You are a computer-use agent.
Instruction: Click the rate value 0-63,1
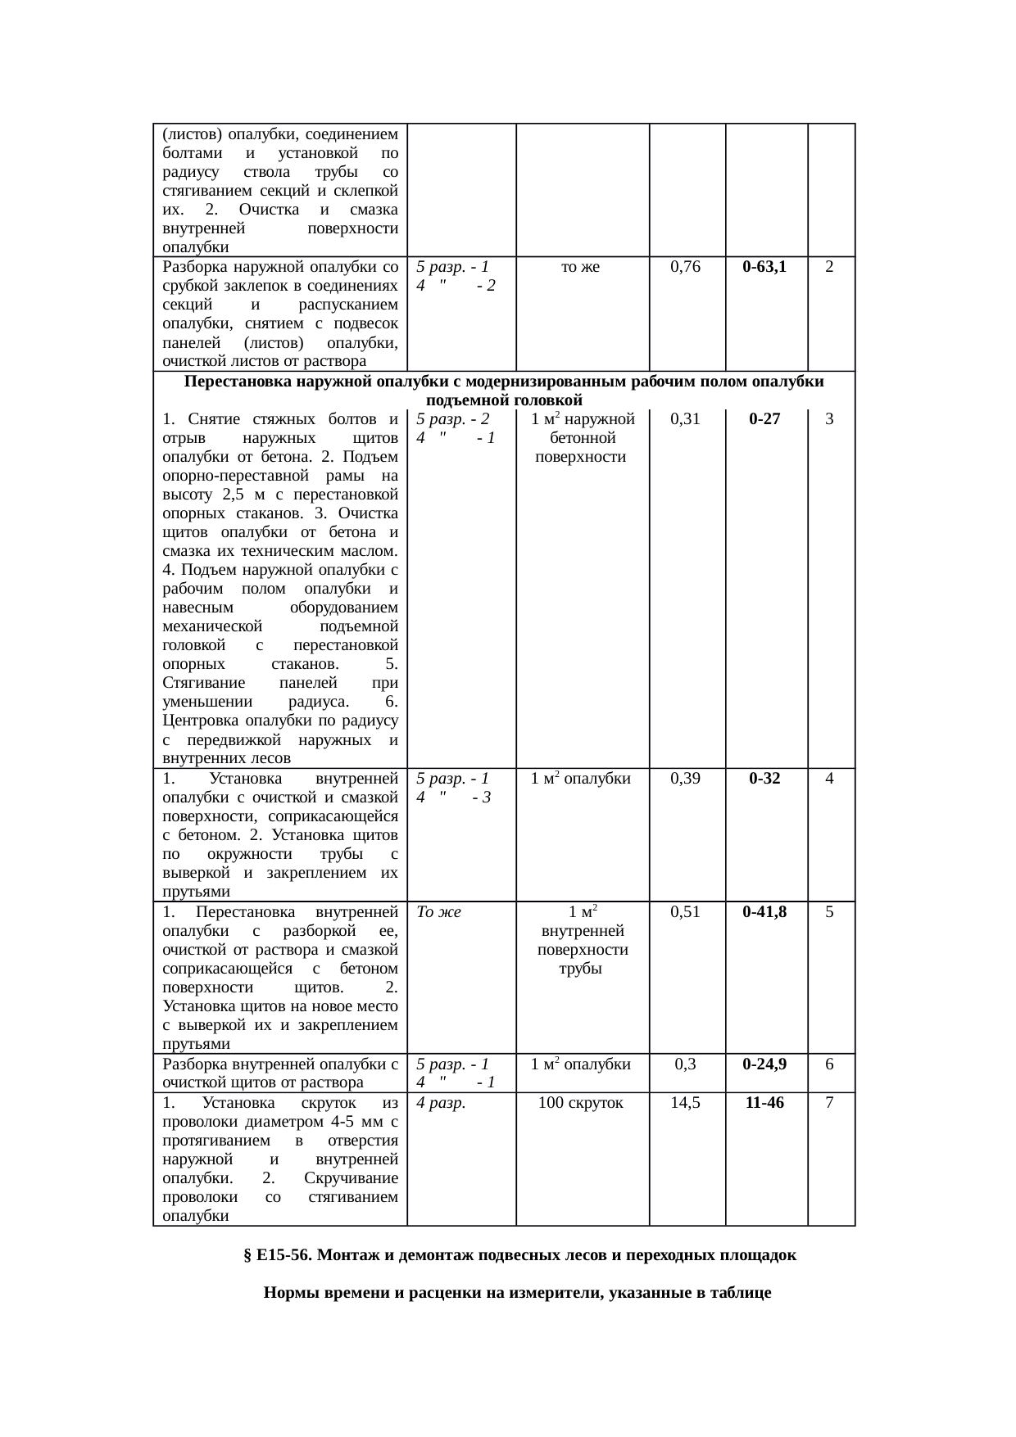point(764,267)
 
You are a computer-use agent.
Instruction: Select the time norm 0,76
point(685,267)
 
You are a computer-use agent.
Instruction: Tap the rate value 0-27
point(764,419)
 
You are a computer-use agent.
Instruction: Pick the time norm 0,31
point(685,419)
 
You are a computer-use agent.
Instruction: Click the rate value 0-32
point(764,779)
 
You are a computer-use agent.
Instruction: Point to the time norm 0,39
point(685,779)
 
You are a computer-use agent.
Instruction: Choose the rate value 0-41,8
point(764,912)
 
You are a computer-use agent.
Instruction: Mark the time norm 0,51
point(685,912)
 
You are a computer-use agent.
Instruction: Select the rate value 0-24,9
point(764,1064)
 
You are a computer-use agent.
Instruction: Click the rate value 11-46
point(764,1103)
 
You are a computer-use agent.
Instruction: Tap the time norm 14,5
point(685,1103)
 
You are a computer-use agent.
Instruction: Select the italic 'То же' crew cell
point(438,912)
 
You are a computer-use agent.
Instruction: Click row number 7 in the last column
point(829,1103)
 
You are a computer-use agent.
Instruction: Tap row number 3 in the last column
point(829,419)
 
